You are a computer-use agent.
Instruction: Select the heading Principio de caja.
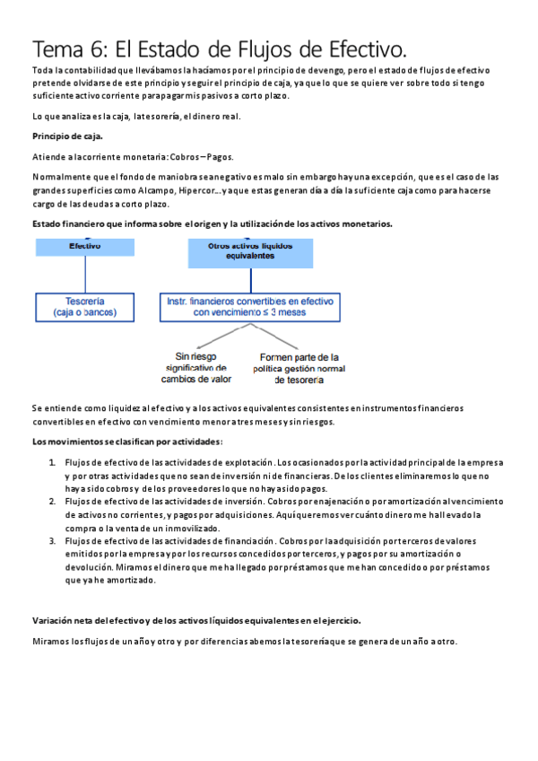coord(67,136)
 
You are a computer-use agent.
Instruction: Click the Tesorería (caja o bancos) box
coord(84,307)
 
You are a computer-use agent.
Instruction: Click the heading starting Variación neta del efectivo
coord(196,620)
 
